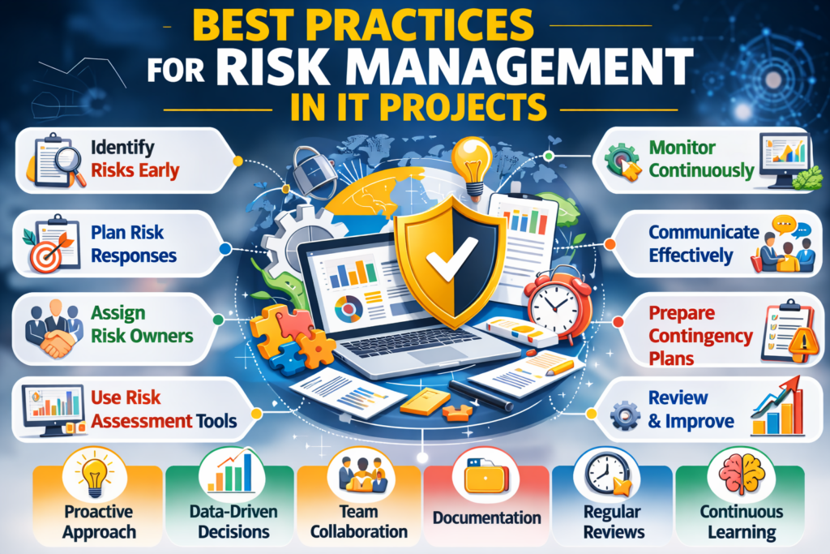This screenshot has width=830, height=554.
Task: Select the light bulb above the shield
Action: [472, 160]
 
